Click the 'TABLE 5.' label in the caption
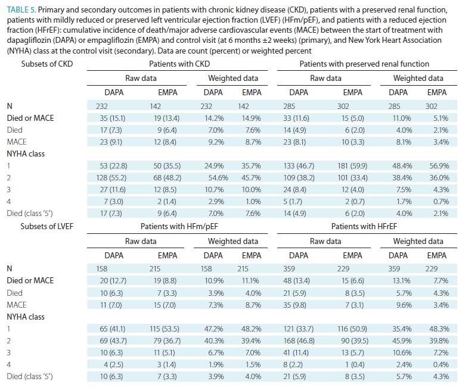[x=21, y=10]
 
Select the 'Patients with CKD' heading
[x=179, y=64]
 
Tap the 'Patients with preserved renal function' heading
[x=364, y=64]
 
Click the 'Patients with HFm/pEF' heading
[x=179, y=226]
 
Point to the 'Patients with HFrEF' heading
[x=364, y=226]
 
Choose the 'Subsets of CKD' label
[x=47, y=64]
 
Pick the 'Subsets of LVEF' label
[x=47, y=226]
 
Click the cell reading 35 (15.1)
[x=112, y=118]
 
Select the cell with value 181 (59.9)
[x=352, y=165]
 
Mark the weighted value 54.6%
[x=216, y=178]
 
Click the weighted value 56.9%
[x=439, y=165]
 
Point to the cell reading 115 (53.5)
[x=165, y=328]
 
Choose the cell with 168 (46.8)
[x=299, y=340]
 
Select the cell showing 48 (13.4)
[x=296, y=281]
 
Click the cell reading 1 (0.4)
[x=355, y=364]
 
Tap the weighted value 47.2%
[x=213, y=328]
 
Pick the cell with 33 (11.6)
[x=296, y=118]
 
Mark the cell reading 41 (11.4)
[x=296, y=352]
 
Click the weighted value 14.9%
[x=252, y=118]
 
